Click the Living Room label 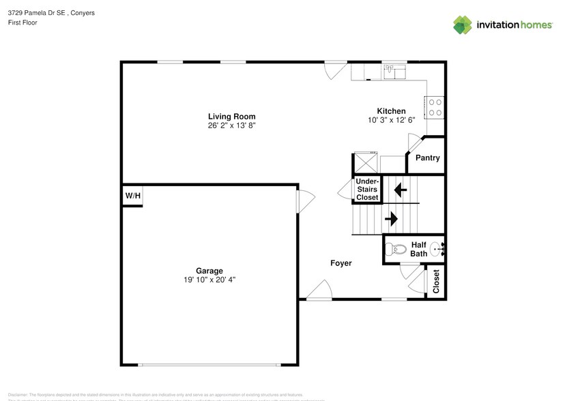click(231, 117)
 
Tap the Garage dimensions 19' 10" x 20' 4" click(209, 280)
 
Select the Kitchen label click(391, 111)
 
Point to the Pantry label click(427, 158)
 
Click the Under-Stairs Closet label click(366, 189)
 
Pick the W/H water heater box click(132, 196)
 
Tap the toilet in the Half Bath click(391, 250)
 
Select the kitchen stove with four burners click(435, 107)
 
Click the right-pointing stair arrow click(391, 219)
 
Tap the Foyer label click(340, 263)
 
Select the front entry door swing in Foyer click(319, 292)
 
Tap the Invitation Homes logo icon click(463, 25)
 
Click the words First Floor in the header click(23, 23)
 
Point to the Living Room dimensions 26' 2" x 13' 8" click(231, 126)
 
